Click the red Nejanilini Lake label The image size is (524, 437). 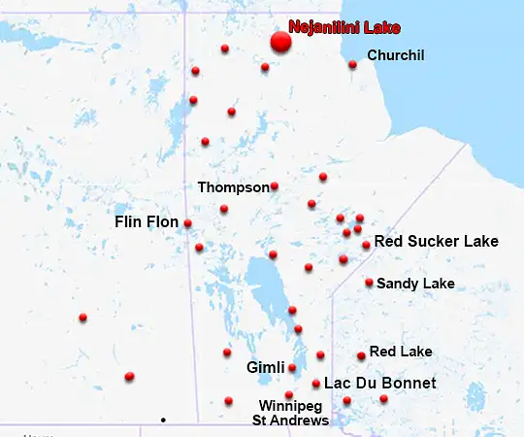tap(344, 28)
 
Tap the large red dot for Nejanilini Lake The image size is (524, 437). tap(280, 42)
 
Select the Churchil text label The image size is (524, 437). tap(396, 55)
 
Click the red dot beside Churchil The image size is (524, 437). tap(352, 65)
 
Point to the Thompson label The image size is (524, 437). tap(233, 186)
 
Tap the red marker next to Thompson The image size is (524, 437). tap(275, 186)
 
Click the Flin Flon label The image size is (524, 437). tap(147, 222)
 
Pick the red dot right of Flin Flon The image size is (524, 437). tap(187, 223)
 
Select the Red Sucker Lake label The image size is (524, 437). tap(436, 241)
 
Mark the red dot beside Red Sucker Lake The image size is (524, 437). tap(366, 245)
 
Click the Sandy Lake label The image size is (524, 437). tap(415, 284)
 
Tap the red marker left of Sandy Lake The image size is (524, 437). tap(369, 283)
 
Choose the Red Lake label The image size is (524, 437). tap(401, 352)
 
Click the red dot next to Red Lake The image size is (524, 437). tap(361, 356)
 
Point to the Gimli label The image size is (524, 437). tap(265, 368)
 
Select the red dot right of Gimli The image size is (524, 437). tap(292, 368)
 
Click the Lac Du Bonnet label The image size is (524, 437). tap(379, 384)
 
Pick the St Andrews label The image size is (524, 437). tap(290, 420)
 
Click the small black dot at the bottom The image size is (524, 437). tap(163, 420)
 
